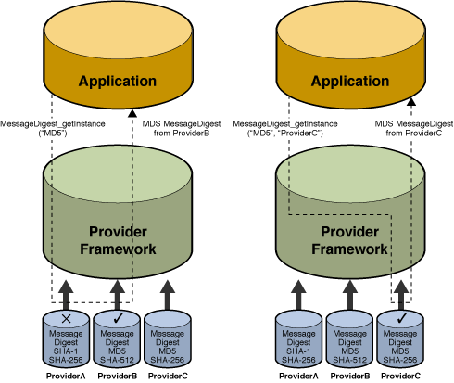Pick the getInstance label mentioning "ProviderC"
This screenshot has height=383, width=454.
[279, 128]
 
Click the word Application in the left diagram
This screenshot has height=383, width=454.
[117, 82]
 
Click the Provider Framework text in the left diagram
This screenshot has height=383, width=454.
[118, 240]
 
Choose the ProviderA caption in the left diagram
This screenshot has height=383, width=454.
[67, 376]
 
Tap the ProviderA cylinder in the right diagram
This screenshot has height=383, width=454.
[298, 341]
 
